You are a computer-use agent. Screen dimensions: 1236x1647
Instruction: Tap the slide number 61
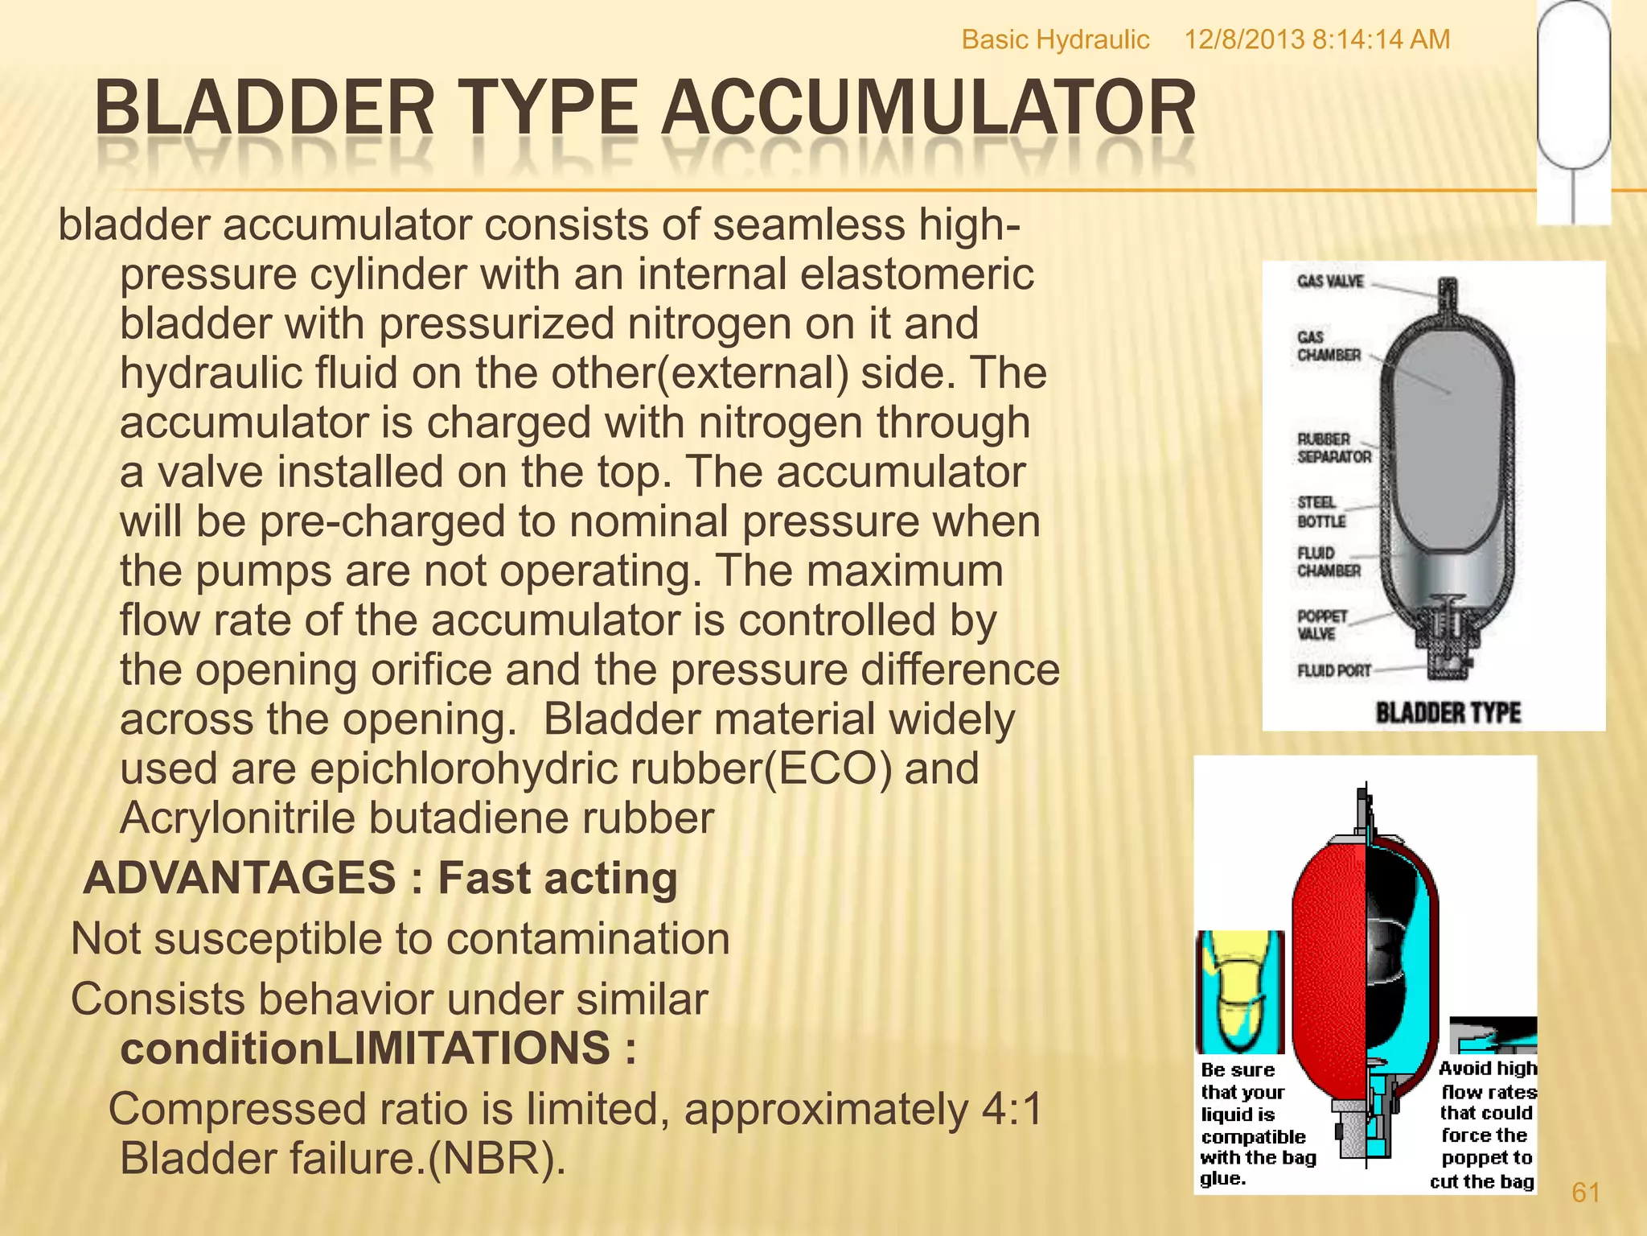[x=1585, y=1193]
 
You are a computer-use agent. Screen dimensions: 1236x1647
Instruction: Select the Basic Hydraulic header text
[x=1055, y=39]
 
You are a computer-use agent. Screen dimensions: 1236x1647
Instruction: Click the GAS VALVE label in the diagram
[x=1330, y=282]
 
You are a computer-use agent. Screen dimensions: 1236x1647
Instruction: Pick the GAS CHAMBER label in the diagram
[x=1329, y=346]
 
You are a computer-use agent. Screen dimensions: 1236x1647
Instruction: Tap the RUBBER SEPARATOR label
[x=1333, y=448]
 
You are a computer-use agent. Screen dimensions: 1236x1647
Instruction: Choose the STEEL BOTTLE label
[x=1320, y=512]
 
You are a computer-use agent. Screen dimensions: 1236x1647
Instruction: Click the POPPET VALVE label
[x=1321, y=625]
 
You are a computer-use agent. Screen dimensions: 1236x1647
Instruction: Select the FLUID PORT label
[x=1333, y=670]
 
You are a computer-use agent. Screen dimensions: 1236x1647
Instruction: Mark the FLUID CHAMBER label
[x=1328, y=562]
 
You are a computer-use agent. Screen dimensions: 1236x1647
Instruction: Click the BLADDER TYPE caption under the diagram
[x=1448, y=713]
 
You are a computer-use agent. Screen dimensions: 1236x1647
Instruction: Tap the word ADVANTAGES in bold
[x=240, y=878]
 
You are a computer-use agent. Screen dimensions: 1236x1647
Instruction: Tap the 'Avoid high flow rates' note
[x=1486, y=1124]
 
